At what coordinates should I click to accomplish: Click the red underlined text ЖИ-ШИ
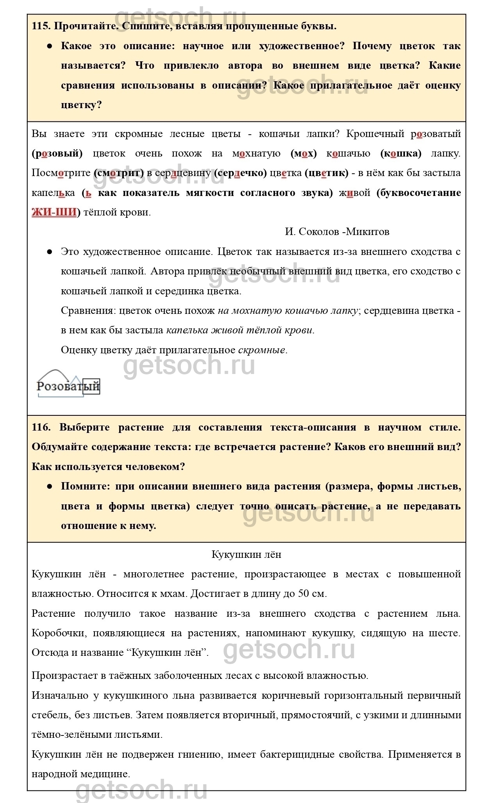click(54, 212)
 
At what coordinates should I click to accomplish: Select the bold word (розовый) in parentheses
click(57, 153)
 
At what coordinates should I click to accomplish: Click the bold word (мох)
click(303, 153)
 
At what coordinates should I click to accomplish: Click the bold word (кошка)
click(401, 153)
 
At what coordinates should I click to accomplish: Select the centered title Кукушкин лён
click(246, 554)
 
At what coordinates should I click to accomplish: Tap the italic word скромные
click(261, 350)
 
